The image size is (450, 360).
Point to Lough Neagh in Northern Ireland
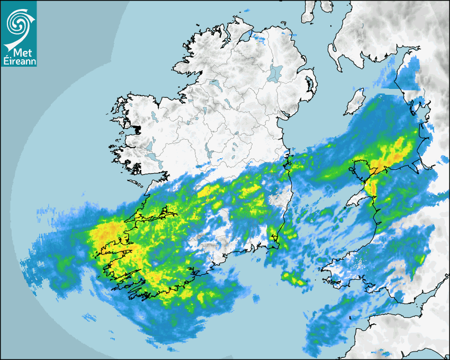pos(275,72)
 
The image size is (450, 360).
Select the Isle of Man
pos(355,102)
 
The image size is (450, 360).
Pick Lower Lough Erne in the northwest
pos(214,84)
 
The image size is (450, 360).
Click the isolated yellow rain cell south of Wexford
pos(294,278)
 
